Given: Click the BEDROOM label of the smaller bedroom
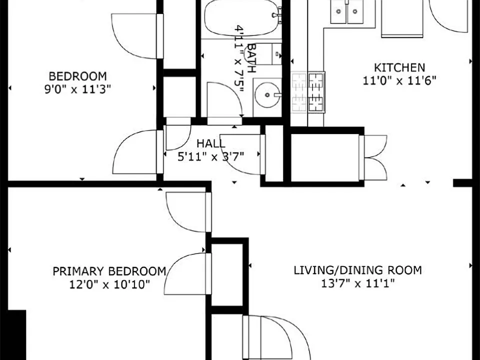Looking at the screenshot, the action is pyautogui.click(x=78, y=76).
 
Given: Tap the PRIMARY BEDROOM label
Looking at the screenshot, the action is pyautogui.click(x=109, y=271).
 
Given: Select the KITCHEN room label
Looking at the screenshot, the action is pyautogui.click(x=399, y=67).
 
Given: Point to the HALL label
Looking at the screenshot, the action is pyautogui.click(x=210, y=143).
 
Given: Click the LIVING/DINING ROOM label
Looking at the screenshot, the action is pyautogui.click(x=357, y=270).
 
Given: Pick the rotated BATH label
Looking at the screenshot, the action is pyautogui.click(x=251, y=58).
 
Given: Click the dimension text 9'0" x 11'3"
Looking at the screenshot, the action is pyautogui.click(x=78, y=89).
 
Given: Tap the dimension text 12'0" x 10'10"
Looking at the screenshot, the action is pyautogui.click(x=109, y=284).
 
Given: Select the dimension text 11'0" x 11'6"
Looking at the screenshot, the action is pyautogui.click(x=399, y=81).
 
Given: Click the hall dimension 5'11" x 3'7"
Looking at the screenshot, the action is pyautogui.click(x=210, y=156).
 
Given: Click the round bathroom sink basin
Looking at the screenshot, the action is pyautogui.click(x=267, y=95).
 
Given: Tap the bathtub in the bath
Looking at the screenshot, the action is pyautogui.click(x=242, y=18).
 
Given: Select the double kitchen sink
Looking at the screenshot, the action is pyautogui.click(x=347, y=11).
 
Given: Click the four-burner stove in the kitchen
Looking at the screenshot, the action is pyautogui.click(x=307, y=92).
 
